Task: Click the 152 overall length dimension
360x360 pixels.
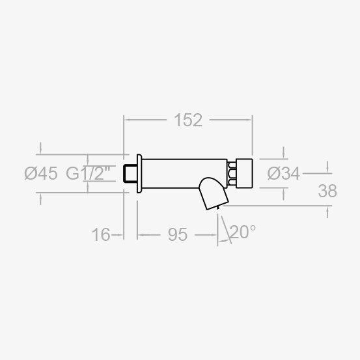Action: pyautogui.click(x=188, y=120)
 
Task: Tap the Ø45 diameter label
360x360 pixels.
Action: pyautogui.click(x=41, y=173)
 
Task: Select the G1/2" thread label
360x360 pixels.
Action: pyautogui.click(x=88, y=173)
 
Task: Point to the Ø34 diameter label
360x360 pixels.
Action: pyautogui.click(x=284, y=173)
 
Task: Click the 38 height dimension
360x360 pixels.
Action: pyautogui.click(x=327, y=191)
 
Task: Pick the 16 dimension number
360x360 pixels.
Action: pyautogui.click(x=101, y=234)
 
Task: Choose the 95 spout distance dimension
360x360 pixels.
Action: pyautogui.click(x=178, y=234)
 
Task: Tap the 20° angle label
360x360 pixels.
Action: pyautogui.click(x=242, y=232)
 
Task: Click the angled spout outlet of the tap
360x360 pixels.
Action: pyautogui.click(x=214, y=193)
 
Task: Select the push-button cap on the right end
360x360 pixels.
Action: pyautogui.click(x=244, y=173)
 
